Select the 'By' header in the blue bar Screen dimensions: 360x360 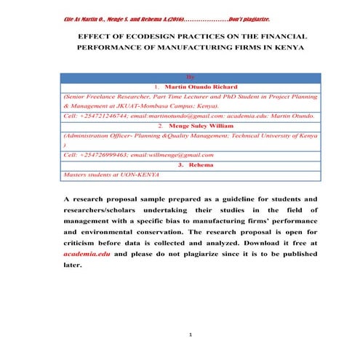[x=190, y=76]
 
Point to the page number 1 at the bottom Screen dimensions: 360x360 [x=189, y=335]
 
